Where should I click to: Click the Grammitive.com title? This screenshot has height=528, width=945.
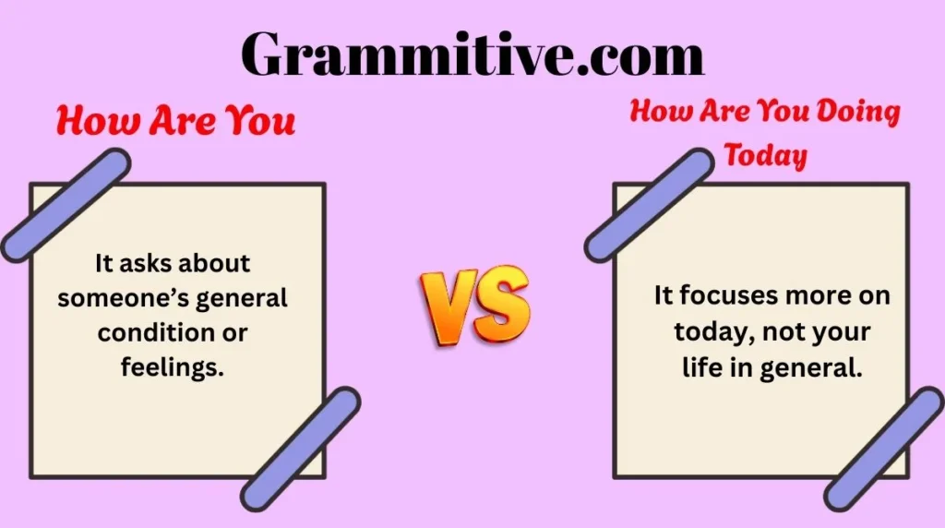tap(472, 54)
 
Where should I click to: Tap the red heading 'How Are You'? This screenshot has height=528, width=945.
tap(175, 120)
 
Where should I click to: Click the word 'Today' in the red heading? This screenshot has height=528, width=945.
tap(766, 154)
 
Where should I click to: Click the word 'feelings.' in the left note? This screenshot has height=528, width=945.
tap(173, 367)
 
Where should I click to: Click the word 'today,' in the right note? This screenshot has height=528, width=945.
tap(710, 331)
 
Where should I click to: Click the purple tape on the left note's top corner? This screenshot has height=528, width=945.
tap(65, 205)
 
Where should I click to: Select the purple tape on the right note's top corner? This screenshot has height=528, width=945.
tap(650, 205)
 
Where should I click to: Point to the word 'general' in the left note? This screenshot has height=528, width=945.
tap(246, 299)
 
